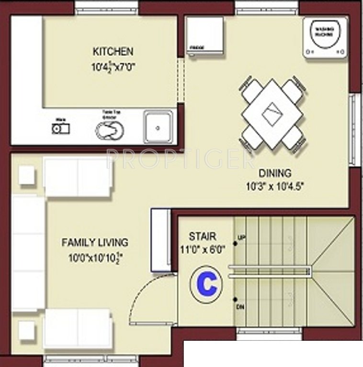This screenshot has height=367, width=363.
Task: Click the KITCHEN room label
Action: point(113,51)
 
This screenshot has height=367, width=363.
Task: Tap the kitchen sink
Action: point(158,127)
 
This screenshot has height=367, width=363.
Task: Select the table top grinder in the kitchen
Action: point(110,129)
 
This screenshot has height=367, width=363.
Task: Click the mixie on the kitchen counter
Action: point(61,129)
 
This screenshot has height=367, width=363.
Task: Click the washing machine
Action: point(325,37)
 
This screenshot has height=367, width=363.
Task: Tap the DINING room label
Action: point(275,173)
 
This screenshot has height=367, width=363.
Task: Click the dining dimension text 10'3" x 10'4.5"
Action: point(275,186)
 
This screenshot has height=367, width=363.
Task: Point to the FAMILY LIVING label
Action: point(95,242)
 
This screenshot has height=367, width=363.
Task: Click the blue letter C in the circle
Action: point(206,285)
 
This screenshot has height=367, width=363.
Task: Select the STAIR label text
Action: point(202,236)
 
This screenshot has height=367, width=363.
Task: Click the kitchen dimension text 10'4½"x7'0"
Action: point(113,67)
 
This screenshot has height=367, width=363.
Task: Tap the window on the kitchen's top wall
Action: point(106,7)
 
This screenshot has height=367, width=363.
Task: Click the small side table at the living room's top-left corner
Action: point(27,175)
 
